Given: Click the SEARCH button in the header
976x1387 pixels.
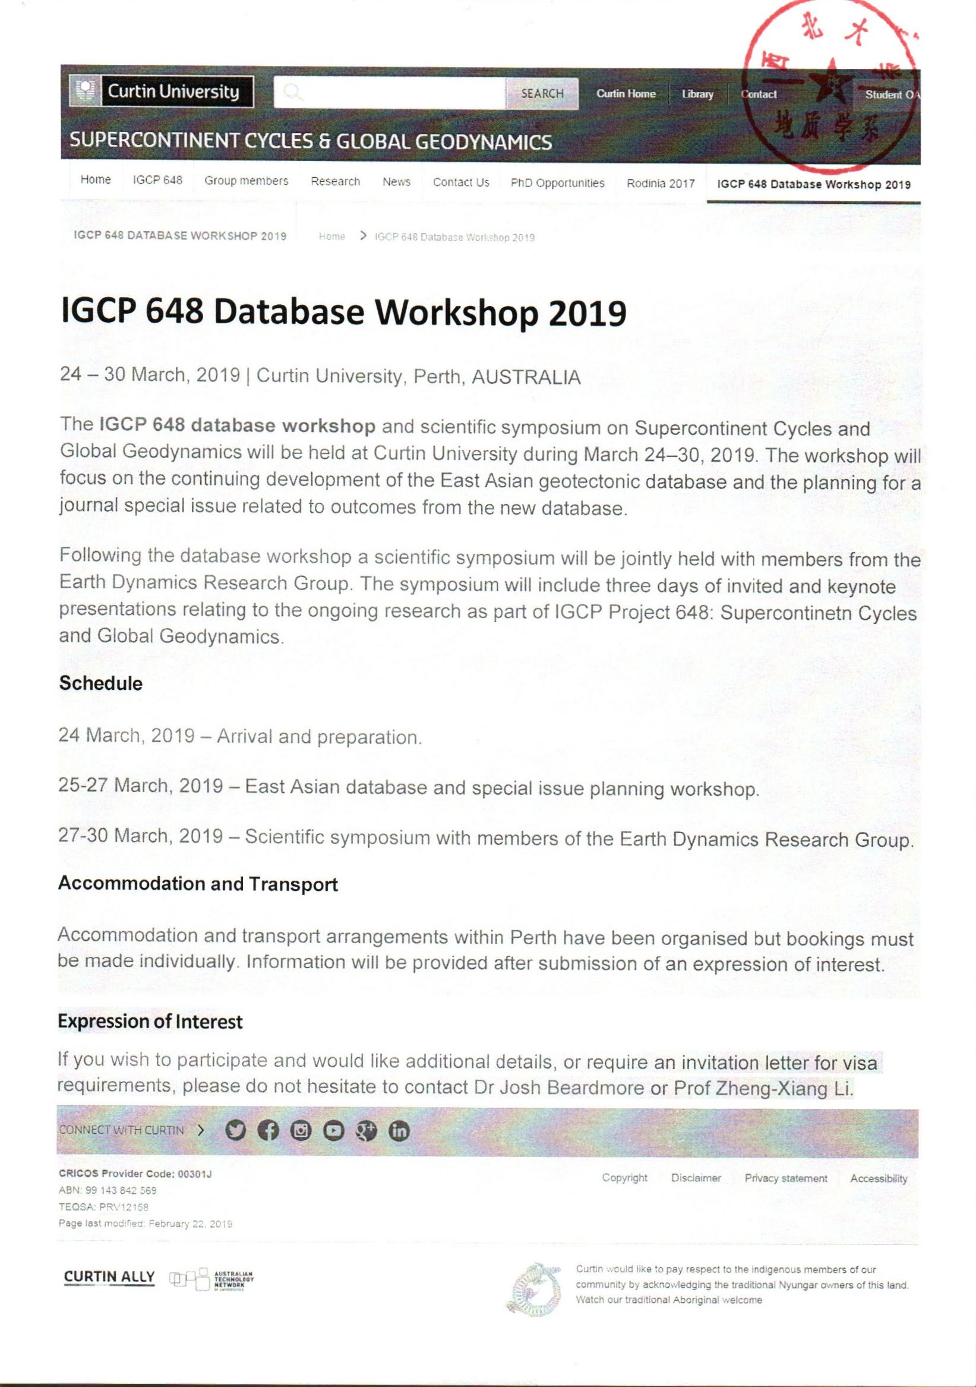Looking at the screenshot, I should (x=542, y=94).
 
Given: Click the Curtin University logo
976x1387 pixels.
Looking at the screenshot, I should (x=161, y=92).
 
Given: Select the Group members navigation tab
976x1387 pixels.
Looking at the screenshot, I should (x=246, y=181).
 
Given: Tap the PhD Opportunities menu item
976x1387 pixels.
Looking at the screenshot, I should (x=557, y=183).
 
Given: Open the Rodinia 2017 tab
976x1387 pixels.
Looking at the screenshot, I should (x=660, y=184).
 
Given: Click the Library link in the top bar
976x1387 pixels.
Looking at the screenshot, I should (x=697, y=94).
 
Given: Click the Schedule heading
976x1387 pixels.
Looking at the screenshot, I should (x=100, y=683).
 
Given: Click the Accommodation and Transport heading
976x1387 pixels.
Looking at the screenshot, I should (x=197, y=884).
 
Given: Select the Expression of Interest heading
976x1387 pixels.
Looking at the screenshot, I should (x=150, y=1022).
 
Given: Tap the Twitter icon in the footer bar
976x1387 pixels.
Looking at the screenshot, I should (x=236, y=1130).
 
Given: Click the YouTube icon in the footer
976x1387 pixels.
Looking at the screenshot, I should (x=333, y=1130).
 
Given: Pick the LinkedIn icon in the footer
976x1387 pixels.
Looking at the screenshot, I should (x=399, y=1130).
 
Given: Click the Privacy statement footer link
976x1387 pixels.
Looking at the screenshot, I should (x=785, y=1178).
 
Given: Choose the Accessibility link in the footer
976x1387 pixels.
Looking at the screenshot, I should (x=878, y=1178).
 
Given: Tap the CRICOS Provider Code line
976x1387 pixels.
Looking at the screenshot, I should (x=135, y=1174).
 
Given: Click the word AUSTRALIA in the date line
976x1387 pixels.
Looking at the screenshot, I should (x=526, y=377).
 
